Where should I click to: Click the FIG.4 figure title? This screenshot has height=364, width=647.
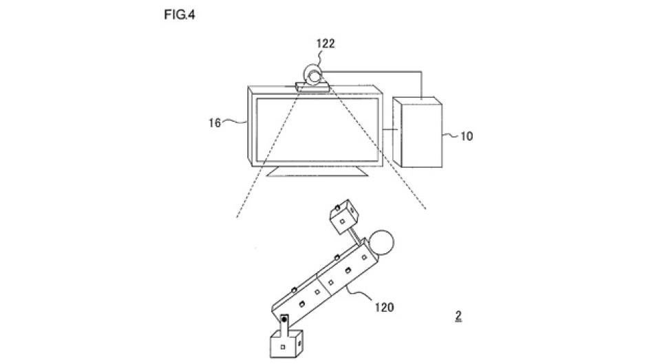(x=180, y=15)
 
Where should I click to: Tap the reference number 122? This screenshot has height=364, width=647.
(x=326, y=43)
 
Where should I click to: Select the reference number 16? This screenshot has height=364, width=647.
(x=215, y=123)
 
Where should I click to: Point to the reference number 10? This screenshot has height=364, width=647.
(x=466, y=136)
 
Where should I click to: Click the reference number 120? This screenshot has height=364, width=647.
(x=384, y=308)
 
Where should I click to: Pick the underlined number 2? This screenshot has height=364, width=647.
(x=458, y=316)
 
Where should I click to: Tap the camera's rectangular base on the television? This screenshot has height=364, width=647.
(x=312, y=87)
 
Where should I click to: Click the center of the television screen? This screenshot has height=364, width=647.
(x=317, y=130)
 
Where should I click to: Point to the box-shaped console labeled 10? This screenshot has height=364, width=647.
(x=418, y=132)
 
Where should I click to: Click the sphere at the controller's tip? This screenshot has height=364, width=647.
(x=381, y=242)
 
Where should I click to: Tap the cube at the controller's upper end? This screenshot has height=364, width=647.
(x=344, y=217)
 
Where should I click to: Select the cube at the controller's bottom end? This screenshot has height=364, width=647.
(x=287, y=343)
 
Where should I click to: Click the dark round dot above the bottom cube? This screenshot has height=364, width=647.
(x=284, y=320)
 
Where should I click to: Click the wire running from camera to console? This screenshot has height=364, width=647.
(x=421, y=73)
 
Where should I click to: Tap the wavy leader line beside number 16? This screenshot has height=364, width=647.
(x=235, y=121)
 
